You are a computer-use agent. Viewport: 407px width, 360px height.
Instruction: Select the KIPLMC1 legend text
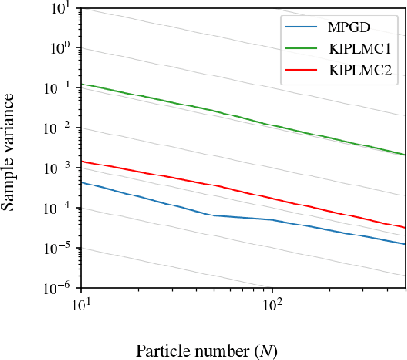click(x=362, y=48)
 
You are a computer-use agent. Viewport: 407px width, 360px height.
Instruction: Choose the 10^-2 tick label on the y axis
click(x=60, y=128)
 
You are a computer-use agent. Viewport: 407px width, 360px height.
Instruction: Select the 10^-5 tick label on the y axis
click(x=60, y=247)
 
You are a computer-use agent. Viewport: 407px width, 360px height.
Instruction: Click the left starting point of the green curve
click(x=81, y=85)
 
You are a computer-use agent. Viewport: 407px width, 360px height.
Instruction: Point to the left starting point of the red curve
click(x=81, y=161)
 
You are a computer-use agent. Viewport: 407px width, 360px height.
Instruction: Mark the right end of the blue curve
click(x=404, y=244)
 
